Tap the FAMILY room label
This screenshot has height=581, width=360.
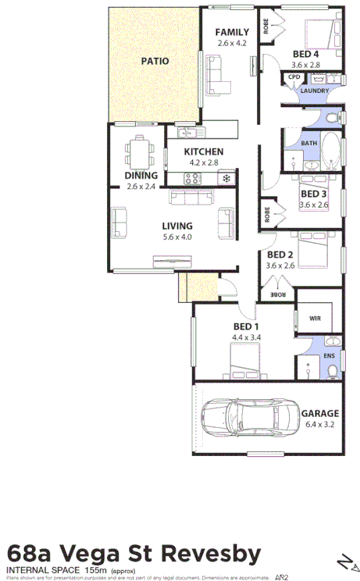[232, 31]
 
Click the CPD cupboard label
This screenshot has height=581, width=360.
[294, 77]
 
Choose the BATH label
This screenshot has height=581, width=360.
[309, 143]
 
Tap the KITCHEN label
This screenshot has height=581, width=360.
[204, 151]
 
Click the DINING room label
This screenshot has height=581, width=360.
[141, 176]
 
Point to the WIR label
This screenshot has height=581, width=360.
[315, 318]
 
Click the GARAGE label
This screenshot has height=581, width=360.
[320, 413]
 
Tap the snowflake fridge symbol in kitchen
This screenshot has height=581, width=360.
[226, 180]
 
